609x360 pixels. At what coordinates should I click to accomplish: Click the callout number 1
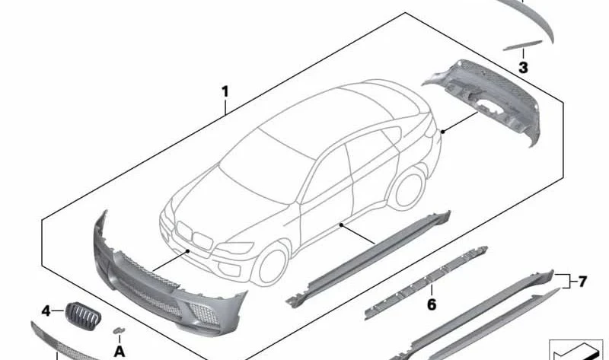point(225,92)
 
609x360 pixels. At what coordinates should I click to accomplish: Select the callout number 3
point(523,68)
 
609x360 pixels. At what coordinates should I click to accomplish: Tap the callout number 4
point(46,311)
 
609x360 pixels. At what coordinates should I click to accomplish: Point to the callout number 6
point(432,304)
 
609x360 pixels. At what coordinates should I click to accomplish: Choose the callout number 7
point(582,281)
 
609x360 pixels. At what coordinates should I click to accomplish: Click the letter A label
point(120,352)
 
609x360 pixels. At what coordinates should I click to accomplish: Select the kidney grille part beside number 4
point(83,316)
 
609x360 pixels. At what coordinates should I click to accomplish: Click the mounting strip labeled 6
point(426,282)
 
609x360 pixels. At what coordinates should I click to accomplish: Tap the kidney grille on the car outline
point(194,236)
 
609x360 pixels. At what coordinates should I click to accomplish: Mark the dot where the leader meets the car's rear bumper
point(443,132)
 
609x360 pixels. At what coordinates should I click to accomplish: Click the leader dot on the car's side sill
point(341,225)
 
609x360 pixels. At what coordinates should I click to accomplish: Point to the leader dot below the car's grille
point(188,251)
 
